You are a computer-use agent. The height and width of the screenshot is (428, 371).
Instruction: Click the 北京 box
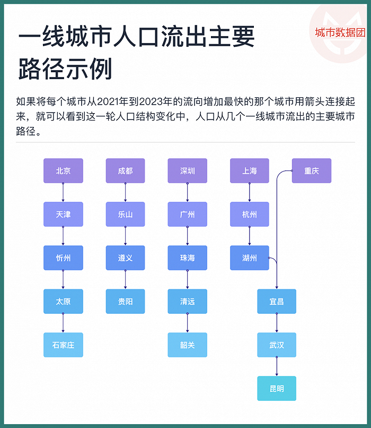[63, 170]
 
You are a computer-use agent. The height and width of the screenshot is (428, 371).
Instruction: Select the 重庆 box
[312, 170]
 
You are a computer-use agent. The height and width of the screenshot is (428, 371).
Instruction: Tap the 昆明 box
[277, 388]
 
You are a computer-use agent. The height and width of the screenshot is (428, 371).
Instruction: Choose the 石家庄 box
[63, 345]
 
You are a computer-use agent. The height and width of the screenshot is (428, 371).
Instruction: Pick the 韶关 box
[188, 345]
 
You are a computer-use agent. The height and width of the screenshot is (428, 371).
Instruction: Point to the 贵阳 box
[125, 301]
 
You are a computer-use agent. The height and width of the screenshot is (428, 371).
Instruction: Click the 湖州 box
[250, 258]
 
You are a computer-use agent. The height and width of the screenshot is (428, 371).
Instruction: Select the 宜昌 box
[277, 301]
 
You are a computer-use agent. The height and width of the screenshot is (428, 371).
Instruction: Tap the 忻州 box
[63, 258]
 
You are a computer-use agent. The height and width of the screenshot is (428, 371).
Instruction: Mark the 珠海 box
[188, 258]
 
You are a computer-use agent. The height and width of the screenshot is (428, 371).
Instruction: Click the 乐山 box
[125, 215]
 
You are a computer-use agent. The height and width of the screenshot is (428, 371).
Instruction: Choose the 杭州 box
[250, 215]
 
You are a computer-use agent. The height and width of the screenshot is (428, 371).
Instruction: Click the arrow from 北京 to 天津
[63, 192]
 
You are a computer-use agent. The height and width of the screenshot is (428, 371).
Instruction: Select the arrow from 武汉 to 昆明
[277, 366]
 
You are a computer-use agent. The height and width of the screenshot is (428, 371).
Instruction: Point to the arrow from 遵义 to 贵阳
[125, 279]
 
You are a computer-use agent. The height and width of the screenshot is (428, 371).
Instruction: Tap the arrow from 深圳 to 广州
[188, 192]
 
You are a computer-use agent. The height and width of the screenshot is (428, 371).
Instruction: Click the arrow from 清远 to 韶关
[188, 323]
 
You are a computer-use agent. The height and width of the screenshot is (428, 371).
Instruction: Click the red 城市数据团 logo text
[340, 32]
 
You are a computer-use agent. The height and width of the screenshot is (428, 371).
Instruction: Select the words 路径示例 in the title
[65, 69]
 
